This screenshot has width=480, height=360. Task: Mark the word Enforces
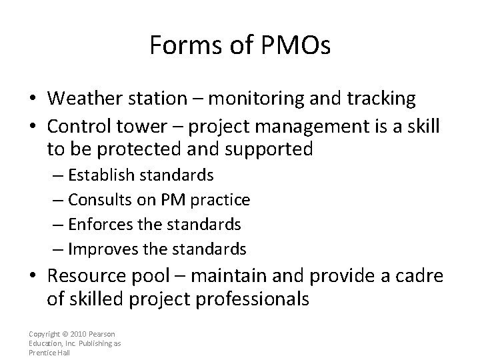(96, 225)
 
